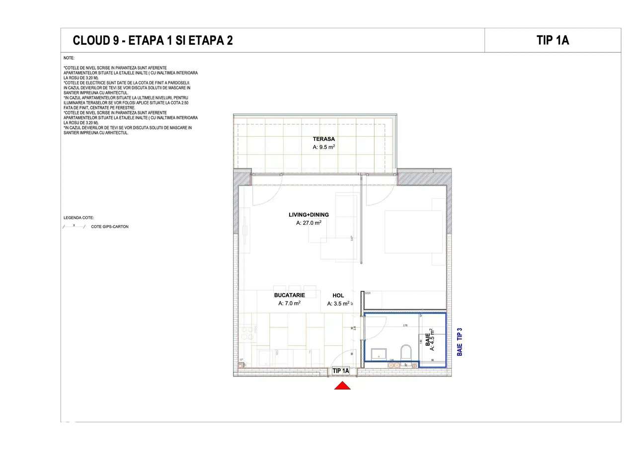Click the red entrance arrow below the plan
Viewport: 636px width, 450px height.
342,385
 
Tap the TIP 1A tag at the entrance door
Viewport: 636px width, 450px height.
341,371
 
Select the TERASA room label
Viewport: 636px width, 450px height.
323,139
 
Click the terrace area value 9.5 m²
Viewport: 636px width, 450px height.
323,147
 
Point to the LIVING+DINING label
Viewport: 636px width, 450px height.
309,215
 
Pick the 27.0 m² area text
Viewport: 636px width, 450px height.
309,223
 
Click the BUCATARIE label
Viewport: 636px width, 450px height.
289,295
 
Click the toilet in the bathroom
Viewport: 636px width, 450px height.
406,352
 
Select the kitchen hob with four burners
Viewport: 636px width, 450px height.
247,332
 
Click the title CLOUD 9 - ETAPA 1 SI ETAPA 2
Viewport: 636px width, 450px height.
153,41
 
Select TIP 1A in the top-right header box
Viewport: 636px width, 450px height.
553,40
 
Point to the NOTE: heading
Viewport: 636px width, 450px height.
69,58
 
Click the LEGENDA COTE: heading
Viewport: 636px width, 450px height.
79,218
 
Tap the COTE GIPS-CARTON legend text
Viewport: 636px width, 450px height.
109,227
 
